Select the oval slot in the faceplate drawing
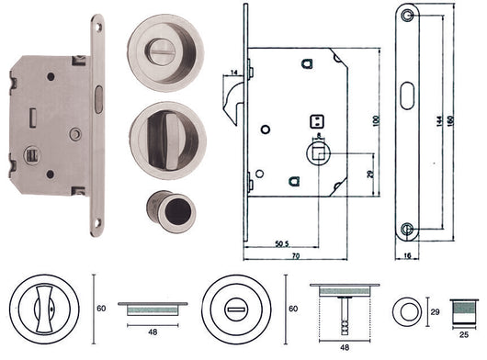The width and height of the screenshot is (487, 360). pos(407,118)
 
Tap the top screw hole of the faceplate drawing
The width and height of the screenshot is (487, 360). pos(407,14)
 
